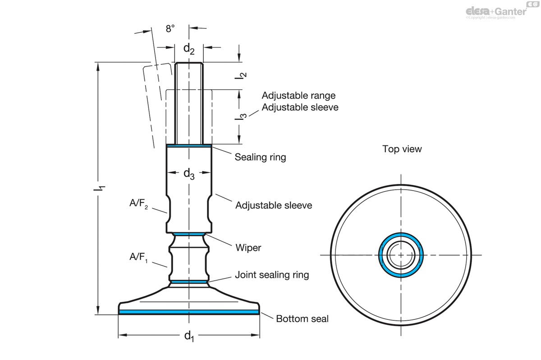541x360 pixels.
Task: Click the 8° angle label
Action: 170,29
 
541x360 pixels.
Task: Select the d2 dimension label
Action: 189,49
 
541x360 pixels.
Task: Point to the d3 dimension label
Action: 189,174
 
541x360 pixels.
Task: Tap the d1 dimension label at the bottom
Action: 189,336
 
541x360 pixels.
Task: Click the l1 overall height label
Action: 99,188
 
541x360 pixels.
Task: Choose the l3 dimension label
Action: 241,117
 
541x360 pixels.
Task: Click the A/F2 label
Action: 139,204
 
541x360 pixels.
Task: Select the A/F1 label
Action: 139,257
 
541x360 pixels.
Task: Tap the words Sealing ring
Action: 261,157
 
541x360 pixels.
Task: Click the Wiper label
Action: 248,248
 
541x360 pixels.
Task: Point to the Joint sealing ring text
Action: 272,275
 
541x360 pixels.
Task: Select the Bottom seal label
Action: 302,319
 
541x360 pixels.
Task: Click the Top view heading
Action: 402,149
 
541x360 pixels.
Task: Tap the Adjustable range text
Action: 298,96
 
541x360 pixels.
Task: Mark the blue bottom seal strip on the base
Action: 189,312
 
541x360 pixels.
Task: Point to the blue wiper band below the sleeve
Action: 189,234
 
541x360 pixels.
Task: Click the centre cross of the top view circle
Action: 401,255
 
